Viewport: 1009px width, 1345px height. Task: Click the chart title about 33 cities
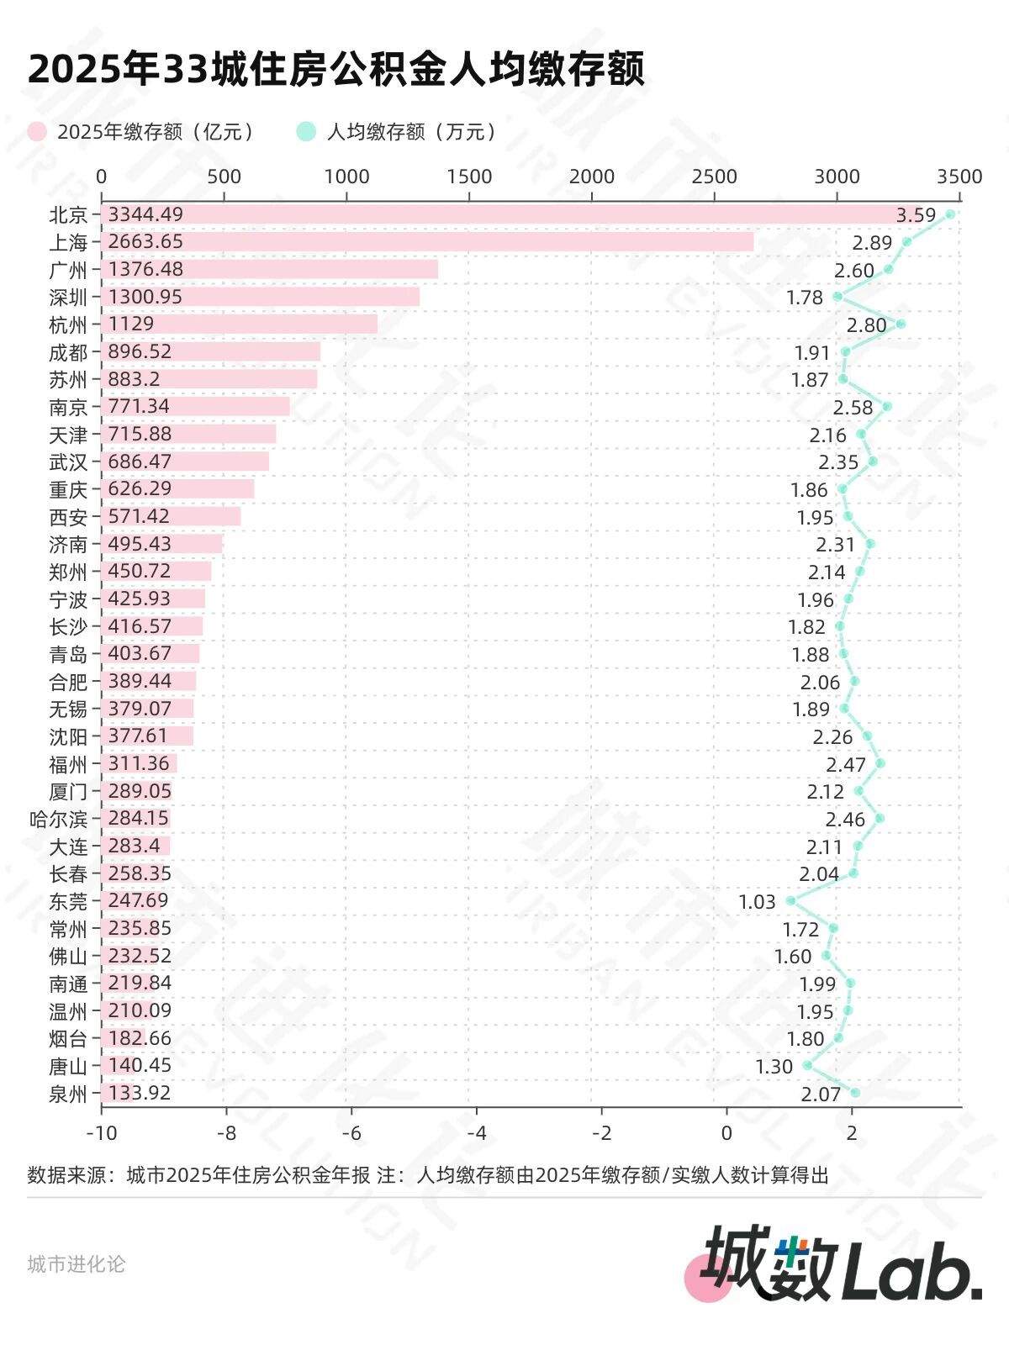[336, 69]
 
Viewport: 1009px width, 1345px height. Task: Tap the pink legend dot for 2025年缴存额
[37, 132]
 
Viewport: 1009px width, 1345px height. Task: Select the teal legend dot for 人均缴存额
[306, 132]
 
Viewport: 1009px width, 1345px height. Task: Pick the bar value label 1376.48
[145, 269]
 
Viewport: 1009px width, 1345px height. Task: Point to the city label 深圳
[68, 298]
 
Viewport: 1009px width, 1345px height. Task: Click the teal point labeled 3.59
[950, 214]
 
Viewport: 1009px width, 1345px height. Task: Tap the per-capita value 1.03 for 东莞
[757, 902]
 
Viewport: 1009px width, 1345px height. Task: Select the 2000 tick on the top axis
[591, 177]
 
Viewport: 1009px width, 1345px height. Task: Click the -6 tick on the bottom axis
[351, 1133]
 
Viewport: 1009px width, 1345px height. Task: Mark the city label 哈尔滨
[58, 819]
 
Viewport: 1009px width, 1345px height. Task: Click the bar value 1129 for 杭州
[131, 324]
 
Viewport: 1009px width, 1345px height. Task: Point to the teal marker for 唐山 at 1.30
[807, 1065]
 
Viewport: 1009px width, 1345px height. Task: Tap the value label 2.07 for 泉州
[821, 1094]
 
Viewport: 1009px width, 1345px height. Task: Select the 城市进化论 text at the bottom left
[76, 1263]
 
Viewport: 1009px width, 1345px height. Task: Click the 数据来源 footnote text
[427, 1174]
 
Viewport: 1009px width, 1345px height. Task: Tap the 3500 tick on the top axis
[959, 177]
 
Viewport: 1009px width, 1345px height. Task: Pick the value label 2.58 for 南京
[853, 408]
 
